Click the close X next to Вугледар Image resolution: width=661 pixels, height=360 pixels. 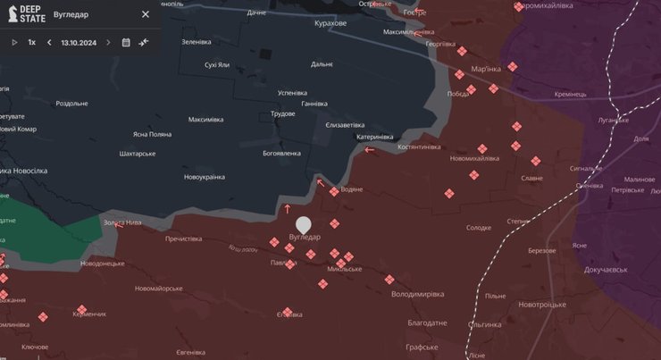pyautogui.click(x=146, y=14)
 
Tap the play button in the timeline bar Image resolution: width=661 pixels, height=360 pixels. pyautogui.click(x=14, y=42)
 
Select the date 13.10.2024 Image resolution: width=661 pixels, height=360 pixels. pyautogui.click(x=79, y=42)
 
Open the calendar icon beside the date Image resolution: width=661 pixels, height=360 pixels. pyautogui.click(x=126, y=42)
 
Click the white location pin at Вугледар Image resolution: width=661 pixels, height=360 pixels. pyautogui.click(x=304, y=224)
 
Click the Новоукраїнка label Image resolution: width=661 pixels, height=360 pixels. pyautogui.click(x=205, y=177)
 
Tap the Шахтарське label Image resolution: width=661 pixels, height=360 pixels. pyautogui.click(x=138, y=154)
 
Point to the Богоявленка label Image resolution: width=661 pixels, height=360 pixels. pyautogui.click(x=287, y=154)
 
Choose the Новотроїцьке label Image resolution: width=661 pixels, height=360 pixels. pyautogui.click(x=542, y=305)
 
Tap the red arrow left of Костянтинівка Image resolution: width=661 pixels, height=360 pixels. pyautogui.click(x=370, y=150)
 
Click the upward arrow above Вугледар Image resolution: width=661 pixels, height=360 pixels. pyautogui.click(x=287, y=209)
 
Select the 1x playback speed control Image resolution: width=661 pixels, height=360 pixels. pyautogui.click(x=32, y=42)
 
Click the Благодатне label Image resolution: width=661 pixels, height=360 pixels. pyautogui.click(x=427, y=322)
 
